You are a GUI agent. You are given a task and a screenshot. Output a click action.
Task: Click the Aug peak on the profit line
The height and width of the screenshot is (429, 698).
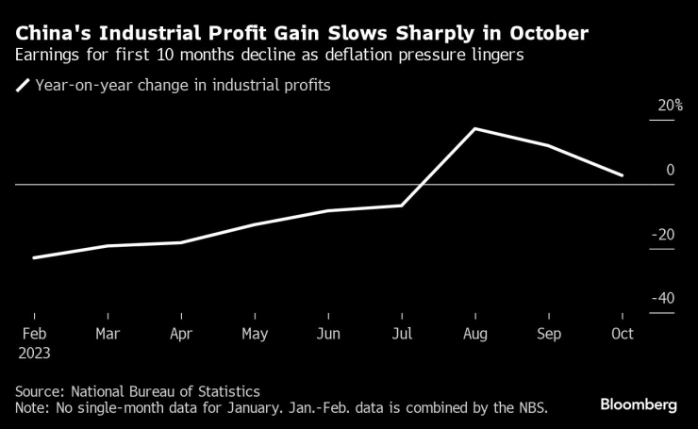[x=475, y=128]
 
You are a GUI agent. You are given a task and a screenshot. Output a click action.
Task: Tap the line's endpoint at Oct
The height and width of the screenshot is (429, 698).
[x=622, y=175]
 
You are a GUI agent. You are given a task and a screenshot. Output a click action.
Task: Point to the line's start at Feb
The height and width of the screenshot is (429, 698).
[x=34, y=257]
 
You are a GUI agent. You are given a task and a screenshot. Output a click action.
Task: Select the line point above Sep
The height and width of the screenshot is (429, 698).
[x=549, y=145]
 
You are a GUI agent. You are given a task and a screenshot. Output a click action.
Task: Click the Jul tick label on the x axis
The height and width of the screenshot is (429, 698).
[x=402, y=334]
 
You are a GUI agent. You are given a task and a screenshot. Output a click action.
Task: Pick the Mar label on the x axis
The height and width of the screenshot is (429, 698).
[x=108, y=334]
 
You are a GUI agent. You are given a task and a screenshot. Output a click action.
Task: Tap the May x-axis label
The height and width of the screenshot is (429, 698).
[x=255, y=334]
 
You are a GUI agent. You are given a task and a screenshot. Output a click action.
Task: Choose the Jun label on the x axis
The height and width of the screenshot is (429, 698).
[x=328, y=334]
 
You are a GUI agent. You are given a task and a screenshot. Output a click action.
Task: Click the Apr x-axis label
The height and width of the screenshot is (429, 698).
[x=181, y=334]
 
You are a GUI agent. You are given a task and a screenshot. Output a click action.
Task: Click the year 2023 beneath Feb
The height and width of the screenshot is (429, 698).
[x=34, y=353]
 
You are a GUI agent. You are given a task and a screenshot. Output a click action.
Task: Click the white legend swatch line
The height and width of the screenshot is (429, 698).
[x=23, y=86]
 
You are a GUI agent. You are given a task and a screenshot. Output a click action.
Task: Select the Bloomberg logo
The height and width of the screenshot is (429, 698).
[x=639, y=404]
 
